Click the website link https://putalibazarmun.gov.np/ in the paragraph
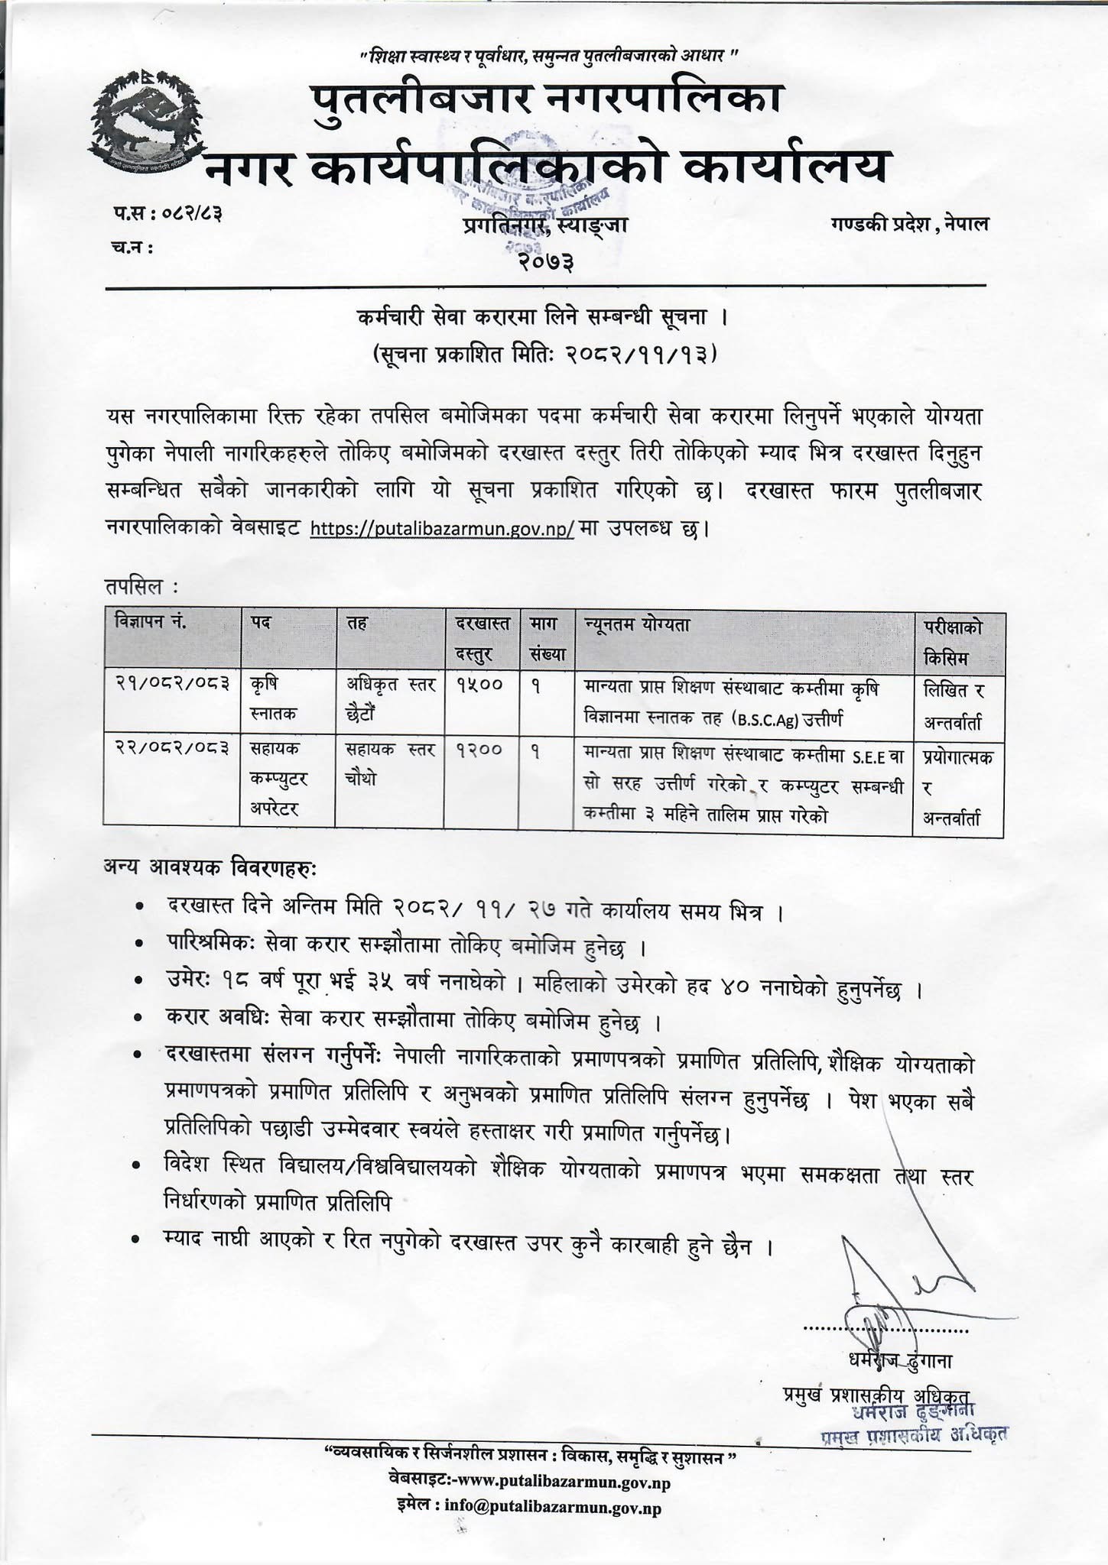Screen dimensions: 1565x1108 (x=442, y=528)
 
